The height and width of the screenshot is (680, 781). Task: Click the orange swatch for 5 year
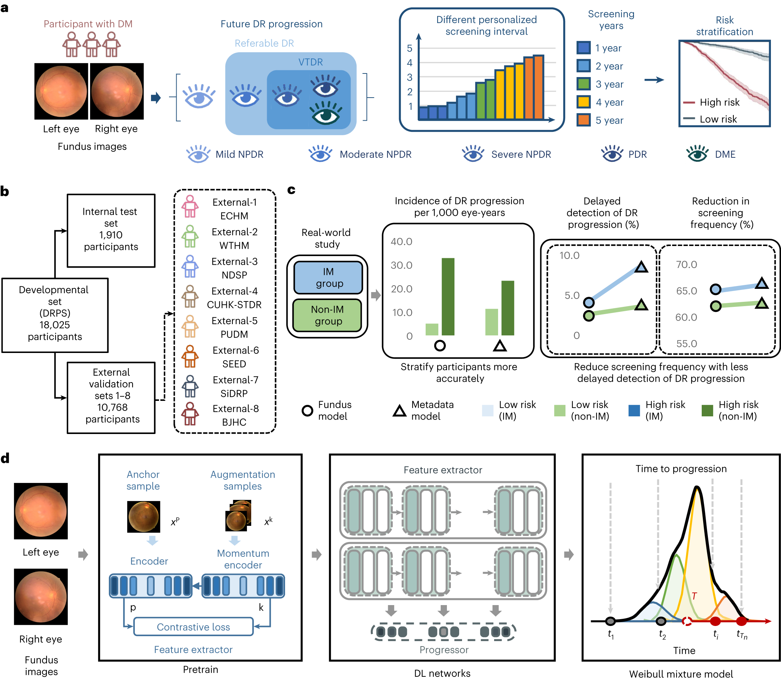tap(583, 120)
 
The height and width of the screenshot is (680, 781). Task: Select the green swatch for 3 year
tap(583, 84)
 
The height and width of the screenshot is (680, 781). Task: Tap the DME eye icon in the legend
tap(697, 154)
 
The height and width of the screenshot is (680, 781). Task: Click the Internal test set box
tap(111, 231)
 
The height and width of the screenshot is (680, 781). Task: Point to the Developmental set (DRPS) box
tap(55, 315)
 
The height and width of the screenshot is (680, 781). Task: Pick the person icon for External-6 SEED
tap(190, 356)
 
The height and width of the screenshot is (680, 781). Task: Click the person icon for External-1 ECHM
tap(190, 207)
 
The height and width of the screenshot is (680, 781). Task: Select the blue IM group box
tap(328, 278)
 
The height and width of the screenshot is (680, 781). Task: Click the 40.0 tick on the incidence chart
tap(401, 242)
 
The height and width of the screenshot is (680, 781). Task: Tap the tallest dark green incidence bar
tap(448, 296)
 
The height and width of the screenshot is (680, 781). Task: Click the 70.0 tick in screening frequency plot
tap(686, 264)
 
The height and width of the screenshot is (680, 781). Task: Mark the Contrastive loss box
tap(193, 627)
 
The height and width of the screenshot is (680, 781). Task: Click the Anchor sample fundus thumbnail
tap(143, 516)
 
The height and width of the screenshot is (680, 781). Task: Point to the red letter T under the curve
tap(694, 596)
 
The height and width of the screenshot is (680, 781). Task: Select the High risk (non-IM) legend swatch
tap(707, 411)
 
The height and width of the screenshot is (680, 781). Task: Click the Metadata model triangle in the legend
tap(399, 411)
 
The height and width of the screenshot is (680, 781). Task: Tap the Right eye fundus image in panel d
tap(41, 596)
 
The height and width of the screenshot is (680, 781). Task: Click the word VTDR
tap(310, 62)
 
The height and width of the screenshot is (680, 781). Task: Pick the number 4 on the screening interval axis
tap(409, 63)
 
